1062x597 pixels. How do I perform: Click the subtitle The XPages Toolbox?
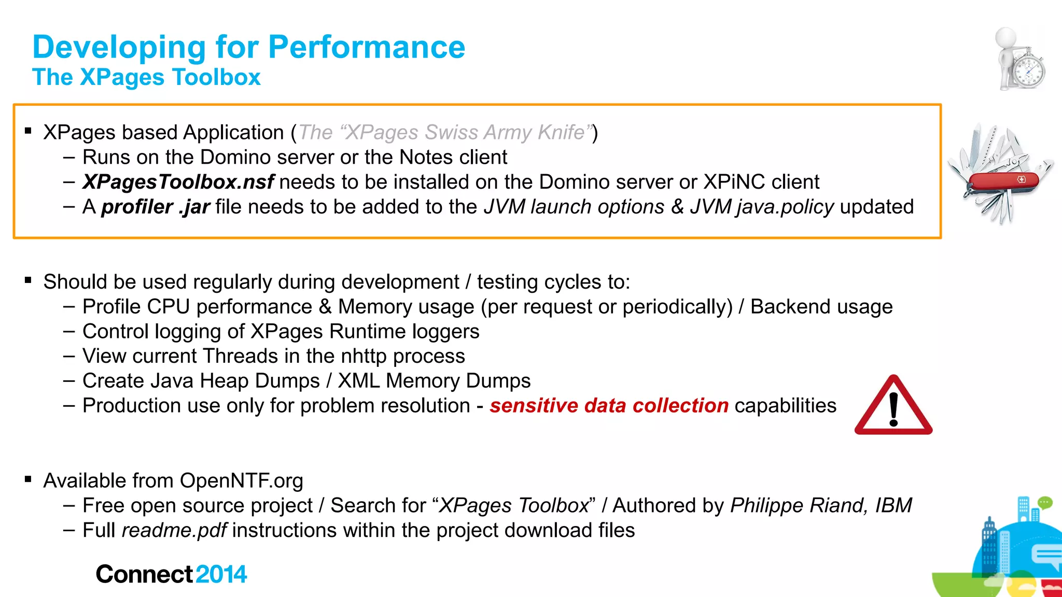[x=146, y=77]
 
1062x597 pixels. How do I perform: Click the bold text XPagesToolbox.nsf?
[x=178, y=182]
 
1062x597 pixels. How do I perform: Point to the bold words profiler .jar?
[x=155, y=207]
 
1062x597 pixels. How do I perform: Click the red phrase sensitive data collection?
[x=609, y=405]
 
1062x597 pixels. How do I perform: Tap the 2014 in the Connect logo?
[x=221, y=574]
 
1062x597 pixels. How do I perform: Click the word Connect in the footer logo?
[x=145, y=574]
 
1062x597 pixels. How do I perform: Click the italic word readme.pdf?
[x=174, y=530]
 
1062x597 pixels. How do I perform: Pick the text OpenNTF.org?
[x=241, y=480]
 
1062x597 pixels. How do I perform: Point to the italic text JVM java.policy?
[x=762, y=207]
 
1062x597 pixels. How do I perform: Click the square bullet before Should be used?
[x=29, y=281]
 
